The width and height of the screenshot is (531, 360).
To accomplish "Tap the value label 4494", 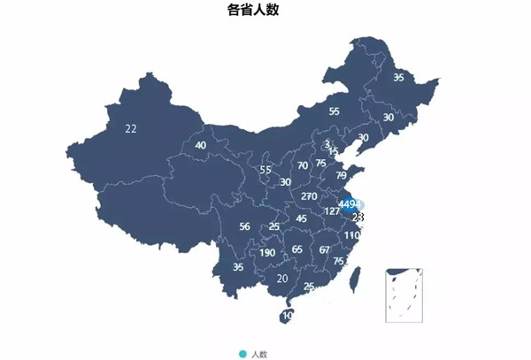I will pyautogui.click(x=350, y=204).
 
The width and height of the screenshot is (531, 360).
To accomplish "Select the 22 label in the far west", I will pyautogui.click(x=131, y=128).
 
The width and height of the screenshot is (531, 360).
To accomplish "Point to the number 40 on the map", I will pyautogui.click(x=201, y=145).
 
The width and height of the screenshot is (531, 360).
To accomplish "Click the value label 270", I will pyautogui.click(x=309, y=195).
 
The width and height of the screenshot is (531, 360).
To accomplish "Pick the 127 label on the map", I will pyautogui.click(x=332, y=211).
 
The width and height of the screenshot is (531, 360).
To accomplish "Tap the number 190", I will pyautogui.click(x=267, y=253).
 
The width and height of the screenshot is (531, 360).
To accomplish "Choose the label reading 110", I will pyautogui.click(x=352, y=235).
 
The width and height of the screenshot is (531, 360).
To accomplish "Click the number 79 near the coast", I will pyautogui.click(x=341, y=175).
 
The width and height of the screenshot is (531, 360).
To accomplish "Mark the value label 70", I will pyautogui.click(x=303, y=165).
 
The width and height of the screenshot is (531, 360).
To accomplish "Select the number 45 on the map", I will pyautogui.click(x=302, y=218).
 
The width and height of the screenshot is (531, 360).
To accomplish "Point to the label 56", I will pyautogui.click(x=244, y=226).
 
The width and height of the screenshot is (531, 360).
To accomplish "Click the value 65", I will pyautogui.click(x=297, y=249).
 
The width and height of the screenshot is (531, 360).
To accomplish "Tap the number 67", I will pyautogui.click(x=325, y=249).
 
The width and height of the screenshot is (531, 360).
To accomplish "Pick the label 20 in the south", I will pyautogui.click(x=282, y=279).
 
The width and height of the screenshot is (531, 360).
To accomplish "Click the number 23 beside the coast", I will pyautogui.click(x=358, y=217).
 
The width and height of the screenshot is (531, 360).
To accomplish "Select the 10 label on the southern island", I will pyautogui.click(x=287, y=315).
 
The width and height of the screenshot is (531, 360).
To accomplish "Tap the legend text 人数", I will pyautogui.click(x=259, y=354).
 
